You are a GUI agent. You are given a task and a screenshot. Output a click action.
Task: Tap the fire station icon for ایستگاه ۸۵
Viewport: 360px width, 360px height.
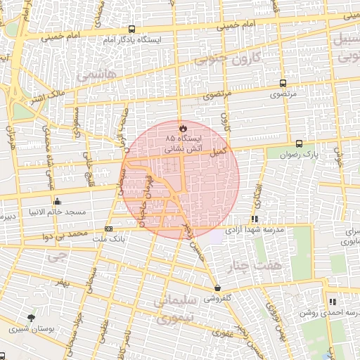point(183,128)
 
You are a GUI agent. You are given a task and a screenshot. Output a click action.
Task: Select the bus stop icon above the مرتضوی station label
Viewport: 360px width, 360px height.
point(283,82)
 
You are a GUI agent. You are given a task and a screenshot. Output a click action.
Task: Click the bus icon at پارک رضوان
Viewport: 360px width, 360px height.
point(300,143)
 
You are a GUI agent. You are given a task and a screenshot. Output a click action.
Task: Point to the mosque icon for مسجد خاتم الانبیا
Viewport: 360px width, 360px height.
point(57,201)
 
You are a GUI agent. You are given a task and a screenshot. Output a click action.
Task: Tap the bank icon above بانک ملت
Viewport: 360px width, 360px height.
point(108,229)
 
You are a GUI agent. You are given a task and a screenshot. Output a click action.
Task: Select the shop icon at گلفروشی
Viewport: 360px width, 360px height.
point(217,288)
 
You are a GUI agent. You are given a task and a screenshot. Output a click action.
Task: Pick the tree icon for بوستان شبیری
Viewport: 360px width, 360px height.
point(30,318)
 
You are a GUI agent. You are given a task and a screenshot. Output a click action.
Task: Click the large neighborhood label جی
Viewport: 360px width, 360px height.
point(53,257)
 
